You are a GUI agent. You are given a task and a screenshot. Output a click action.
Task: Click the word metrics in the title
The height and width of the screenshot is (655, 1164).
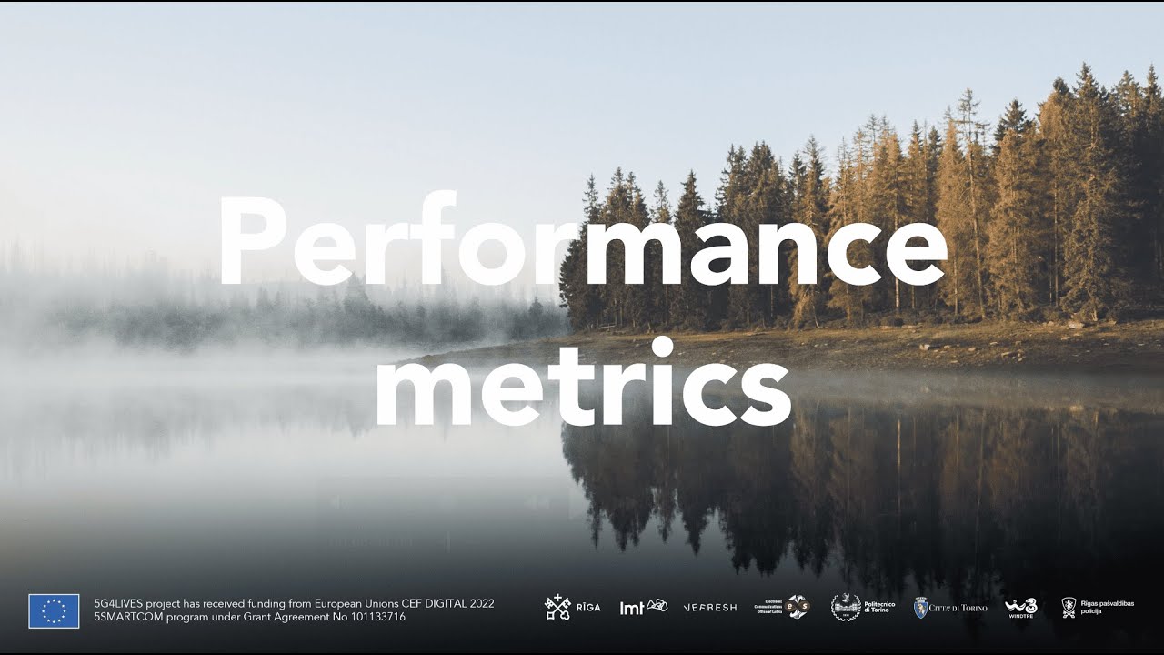tap(582, 387)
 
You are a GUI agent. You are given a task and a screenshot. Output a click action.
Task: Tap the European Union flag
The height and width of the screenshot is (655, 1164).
tap(54, 610)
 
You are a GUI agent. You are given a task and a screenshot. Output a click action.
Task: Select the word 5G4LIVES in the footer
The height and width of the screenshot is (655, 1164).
tap(118, 603)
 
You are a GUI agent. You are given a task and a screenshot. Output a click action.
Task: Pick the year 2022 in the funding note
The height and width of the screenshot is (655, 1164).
tap(478, 603)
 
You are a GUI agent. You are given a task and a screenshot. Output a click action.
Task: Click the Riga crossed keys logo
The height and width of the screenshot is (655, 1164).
tap(557, 607)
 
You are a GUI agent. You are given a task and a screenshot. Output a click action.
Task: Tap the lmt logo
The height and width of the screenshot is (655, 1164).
tap(643, 607)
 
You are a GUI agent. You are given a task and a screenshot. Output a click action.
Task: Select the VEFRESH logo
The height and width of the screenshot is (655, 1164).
tap(709, 607)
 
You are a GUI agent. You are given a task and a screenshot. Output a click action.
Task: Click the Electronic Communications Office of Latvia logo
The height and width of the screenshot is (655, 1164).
tap(782, 607)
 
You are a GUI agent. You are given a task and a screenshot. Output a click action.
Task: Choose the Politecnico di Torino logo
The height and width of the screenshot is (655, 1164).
tap(863, 607)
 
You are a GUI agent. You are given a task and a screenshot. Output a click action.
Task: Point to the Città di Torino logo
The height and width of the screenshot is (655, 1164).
tap(949, 607)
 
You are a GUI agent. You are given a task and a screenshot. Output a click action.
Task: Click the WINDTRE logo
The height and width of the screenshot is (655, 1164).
tap(1020, 607)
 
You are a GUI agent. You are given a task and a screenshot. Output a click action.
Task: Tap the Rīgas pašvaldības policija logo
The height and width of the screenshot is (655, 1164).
tap(1098, 607)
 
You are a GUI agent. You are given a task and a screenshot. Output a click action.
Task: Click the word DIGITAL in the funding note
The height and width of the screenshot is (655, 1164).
tap(438, 603)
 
